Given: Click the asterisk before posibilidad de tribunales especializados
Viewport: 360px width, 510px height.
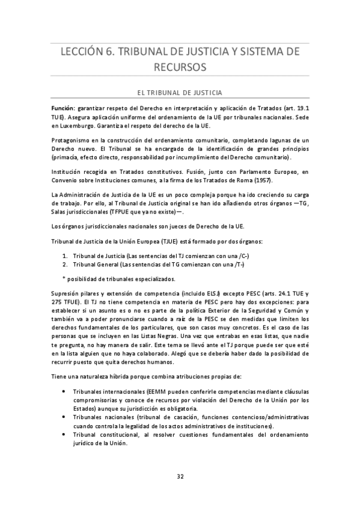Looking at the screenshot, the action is pyautogui.click(x=64, y=278).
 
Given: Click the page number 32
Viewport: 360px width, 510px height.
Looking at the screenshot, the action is pyautogui.click(x=180, y=476).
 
